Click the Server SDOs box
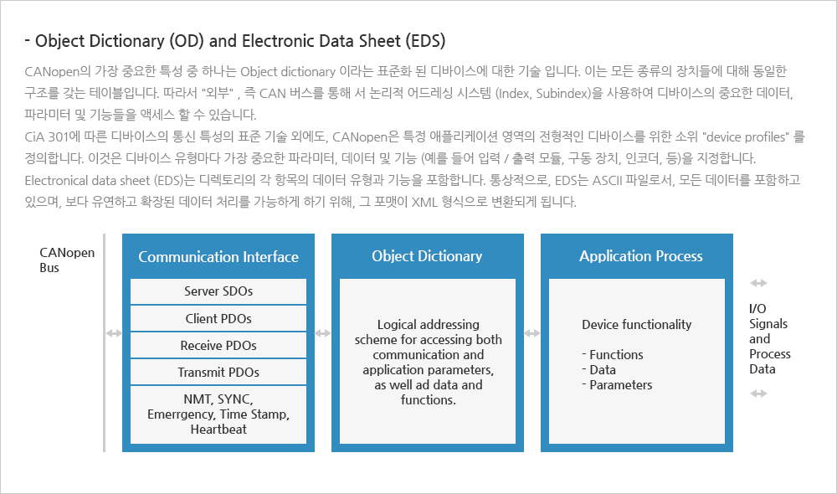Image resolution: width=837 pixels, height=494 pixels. [x=218, y=291]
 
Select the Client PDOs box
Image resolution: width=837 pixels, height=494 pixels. [x=218, y=318]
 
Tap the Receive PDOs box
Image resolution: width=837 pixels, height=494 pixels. [x=218, y=346]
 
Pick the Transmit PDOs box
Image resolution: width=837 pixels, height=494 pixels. [x=218, y=373]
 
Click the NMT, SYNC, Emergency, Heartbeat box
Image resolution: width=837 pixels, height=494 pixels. [x=218, y=414]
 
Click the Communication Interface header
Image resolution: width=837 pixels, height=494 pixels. [x=218, y=257]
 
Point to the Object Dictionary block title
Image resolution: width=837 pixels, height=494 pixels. [x=427, y=256]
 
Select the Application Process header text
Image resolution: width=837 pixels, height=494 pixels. [x=641, y=256]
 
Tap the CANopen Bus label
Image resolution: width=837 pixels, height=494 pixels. [x=67, y=260]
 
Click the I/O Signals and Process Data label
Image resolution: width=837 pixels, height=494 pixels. [x=770, y=338]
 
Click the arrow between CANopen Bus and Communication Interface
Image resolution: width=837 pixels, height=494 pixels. [x=114, y=333]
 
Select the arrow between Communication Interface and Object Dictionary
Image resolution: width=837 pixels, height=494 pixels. [x=323, y=333]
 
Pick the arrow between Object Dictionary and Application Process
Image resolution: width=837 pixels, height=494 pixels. [x=532, y=333]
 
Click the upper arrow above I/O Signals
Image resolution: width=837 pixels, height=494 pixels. [x=758, y=283]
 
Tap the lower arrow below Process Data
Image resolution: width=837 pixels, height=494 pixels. [x=758, y=394]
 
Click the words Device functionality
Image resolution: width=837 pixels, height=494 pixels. [x=636, y=325]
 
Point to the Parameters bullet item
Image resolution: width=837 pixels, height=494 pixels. [x=617, y=385]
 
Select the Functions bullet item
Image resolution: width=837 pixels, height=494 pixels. [x=613, y=355]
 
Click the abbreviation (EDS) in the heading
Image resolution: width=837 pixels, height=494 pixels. [x=425, y=41]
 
